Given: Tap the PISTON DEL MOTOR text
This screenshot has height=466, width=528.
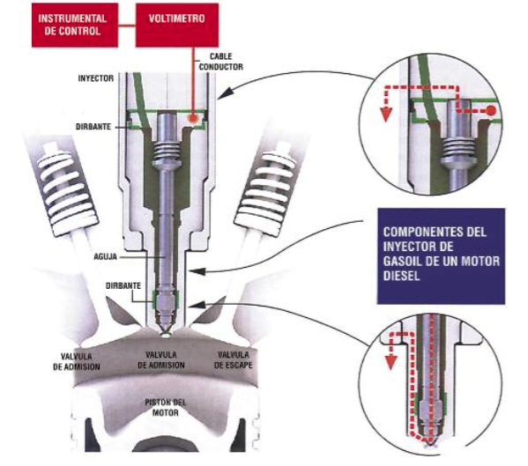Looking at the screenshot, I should tap(166, 406).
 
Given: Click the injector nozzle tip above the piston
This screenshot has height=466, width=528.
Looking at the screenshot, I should tap(166, 333).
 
